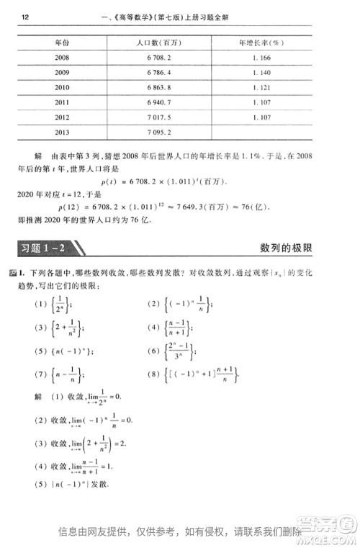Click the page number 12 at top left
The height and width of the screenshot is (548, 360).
pos(25,17)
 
